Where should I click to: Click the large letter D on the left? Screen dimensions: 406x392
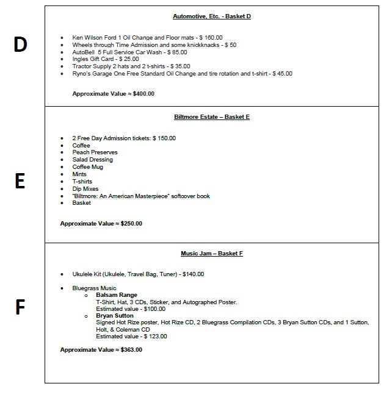20,45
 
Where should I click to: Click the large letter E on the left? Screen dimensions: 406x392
20,181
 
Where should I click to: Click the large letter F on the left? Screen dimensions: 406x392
20,307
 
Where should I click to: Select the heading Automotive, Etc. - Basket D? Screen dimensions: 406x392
211,16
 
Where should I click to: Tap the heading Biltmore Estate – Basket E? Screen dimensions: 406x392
211,116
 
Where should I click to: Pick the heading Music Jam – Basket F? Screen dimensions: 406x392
211,253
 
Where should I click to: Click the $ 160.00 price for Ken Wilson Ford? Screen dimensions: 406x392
209,38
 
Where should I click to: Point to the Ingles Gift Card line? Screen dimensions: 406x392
106,59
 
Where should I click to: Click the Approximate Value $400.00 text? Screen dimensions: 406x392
113,93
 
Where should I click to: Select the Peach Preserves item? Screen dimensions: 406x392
95,152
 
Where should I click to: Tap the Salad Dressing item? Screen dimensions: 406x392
93,160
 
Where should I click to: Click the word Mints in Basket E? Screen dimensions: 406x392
79,174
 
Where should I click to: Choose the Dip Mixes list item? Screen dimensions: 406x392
85,189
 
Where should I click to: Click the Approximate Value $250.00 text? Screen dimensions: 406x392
101,223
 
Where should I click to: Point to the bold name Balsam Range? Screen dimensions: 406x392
116,295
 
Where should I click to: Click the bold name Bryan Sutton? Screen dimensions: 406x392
115,316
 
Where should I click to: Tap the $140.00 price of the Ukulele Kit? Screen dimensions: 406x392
191,274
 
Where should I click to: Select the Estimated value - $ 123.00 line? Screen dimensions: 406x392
131,336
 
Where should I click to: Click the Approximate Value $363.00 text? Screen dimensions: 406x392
101,350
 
